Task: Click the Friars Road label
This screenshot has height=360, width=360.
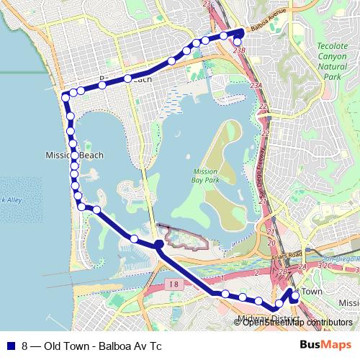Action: pyautogui.click(x=284, y=255)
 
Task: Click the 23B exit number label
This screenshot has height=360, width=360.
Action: pyautogui.click(x=240, y=50)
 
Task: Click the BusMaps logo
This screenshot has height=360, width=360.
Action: pyautogui.click(x=328, y=344)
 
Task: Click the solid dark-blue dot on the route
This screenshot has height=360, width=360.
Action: pyautogui.click(x=158, y=245)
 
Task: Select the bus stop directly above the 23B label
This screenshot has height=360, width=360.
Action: pyautogui.click(x=238, y=41)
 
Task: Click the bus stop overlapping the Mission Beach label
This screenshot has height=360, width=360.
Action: pyautogui.click(x=73, y=156)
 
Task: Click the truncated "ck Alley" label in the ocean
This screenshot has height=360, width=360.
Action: pyautogui.click(x=12, y=199)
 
